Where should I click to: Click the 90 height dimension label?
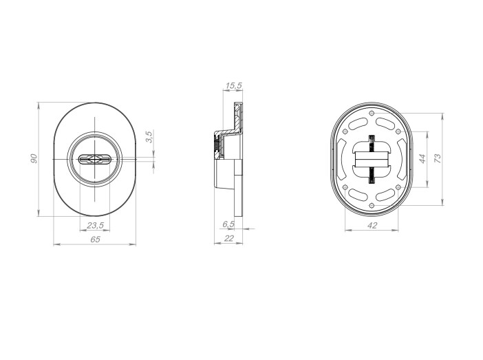[34, 158]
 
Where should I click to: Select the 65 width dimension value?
[96, 239]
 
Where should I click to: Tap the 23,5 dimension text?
[95, 226]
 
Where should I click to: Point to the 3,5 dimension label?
[149, 136]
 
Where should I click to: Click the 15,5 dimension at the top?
[233, 85]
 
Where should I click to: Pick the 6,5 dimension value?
[228, 224]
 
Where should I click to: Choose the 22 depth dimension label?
[229, 238]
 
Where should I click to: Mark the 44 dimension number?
[422, 159]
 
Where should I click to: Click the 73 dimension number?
[438, 158]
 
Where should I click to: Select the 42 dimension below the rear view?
[372, 225]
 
